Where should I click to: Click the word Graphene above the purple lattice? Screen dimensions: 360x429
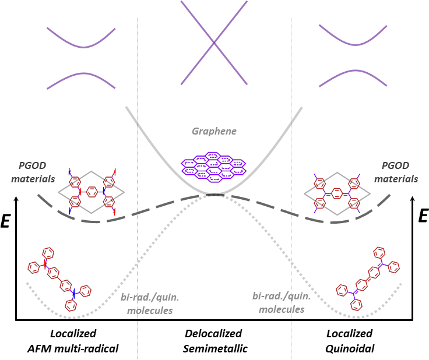[214, 131]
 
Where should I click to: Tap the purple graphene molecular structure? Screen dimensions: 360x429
[214, 164]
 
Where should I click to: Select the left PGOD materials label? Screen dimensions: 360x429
[36, 173]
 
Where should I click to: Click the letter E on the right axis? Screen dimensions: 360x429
[423, 217]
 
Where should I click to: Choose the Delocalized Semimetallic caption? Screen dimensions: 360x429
[215, 341]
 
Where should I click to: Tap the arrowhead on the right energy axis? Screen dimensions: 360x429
[413, 200]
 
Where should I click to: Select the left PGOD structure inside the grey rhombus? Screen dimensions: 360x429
[92, 190]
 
